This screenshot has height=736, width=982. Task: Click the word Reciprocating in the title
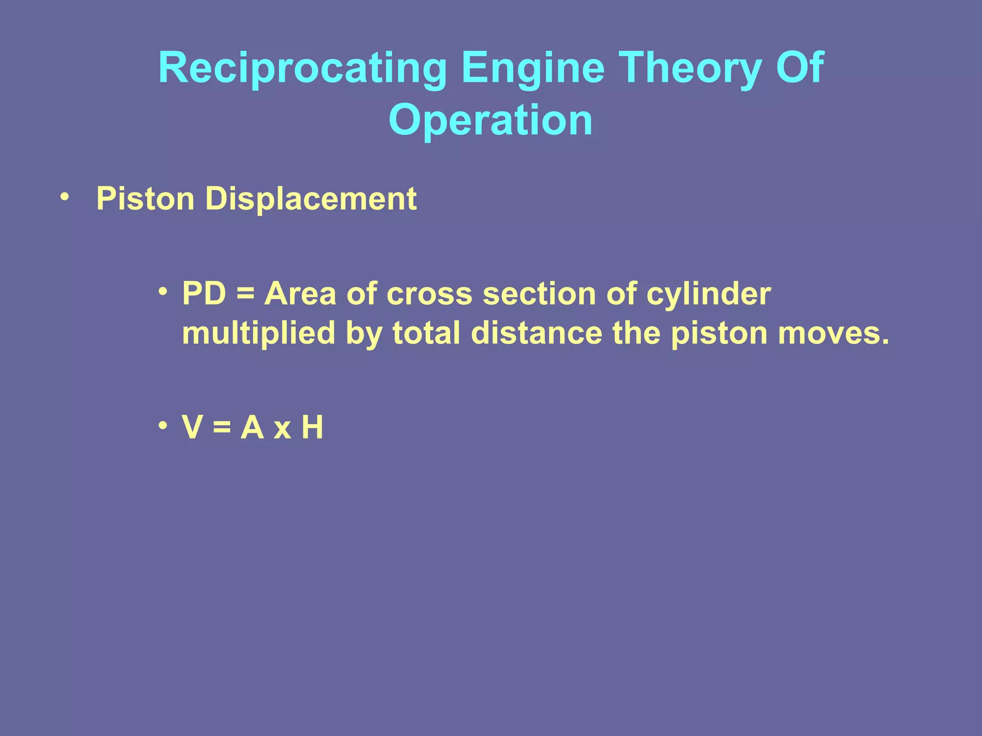302,69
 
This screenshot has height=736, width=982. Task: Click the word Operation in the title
490,120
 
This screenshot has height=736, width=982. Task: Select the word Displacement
311,198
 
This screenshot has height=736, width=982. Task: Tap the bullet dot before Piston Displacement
65,197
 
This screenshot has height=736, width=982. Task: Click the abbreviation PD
204,293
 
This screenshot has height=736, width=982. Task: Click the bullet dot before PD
164,291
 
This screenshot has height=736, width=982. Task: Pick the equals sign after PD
245,294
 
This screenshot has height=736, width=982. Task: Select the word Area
300,293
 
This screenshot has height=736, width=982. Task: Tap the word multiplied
258,334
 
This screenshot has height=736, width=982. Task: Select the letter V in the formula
192,427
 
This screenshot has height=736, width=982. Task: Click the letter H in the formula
312,427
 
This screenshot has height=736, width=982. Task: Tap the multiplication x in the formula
282,429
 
